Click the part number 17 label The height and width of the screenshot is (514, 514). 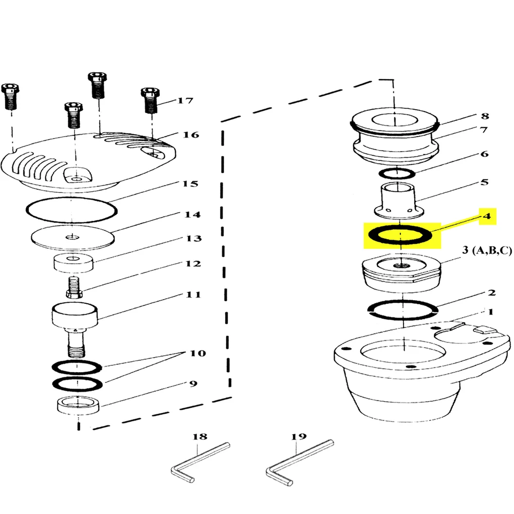pyautogui.click(x=186, y=100)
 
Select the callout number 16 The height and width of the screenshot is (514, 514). pyautogui.click(x=191, y=135)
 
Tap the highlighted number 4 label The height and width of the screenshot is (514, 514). pyautogui.click(x=487, y=216)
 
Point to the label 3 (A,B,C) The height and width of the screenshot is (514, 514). pyautogui.click(x=487, y=250)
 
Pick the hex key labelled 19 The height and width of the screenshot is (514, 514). pyautogui.click(x=299, y=462)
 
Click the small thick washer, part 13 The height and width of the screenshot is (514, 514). pyautogui.click(x=74, y=263)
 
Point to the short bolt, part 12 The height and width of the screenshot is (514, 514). pyautogui.click(x=74, y=287)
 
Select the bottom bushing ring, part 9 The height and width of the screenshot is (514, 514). pyautogui.click(x=78, y=406)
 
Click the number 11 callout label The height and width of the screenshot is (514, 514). pyautogui.click(x=193, y=295)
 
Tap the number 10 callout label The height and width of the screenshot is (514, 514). pyautogui.click(x=198, y=353)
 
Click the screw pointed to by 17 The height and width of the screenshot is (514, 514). pyautogui.click(x=151, y=100)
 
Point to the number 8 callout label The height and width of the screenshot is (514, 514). pyautogui.click(x=485, y=116)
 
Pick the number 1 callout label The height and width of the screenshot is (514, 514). pyautogui.click(x=490, y=311)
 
